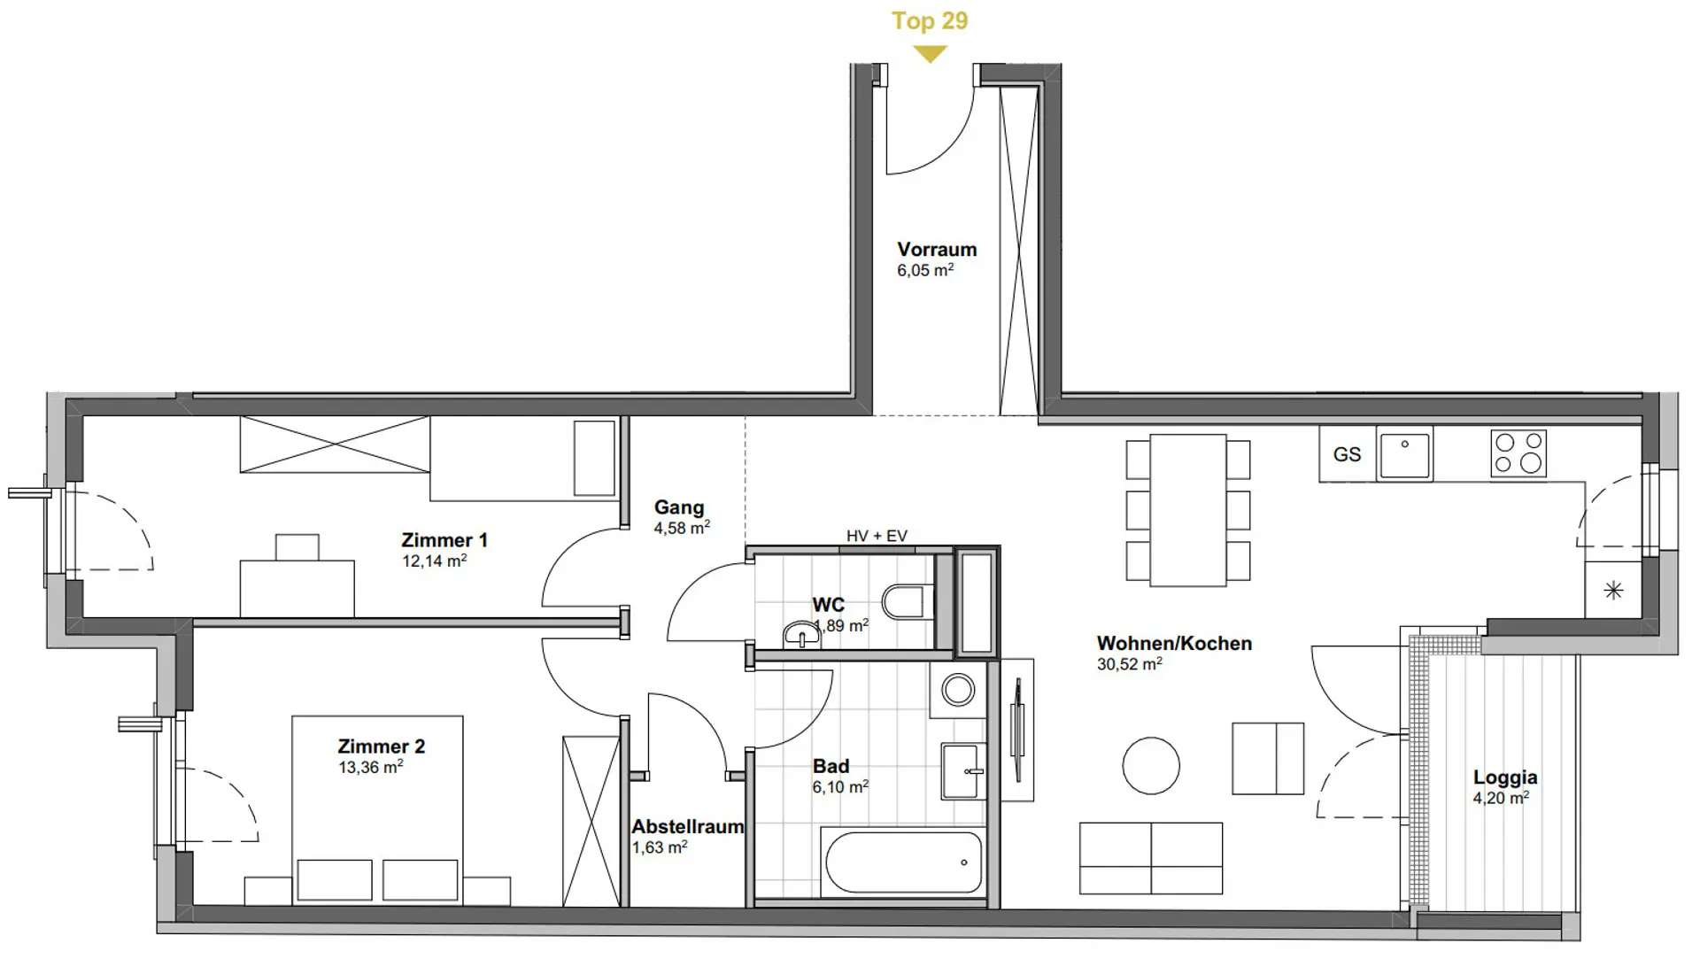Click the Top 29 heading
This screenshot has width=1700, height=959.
click(x=930, y=20)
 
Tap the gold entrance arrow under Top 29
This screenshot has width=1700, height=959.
click(x=930, y=54)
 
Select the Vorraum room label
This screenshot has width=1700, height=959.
click(x=937, y=250)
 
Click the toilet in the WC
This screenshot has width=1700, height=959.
click(x=908, y=602)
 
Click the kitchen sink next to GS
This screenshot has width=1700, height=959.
click(x=1404, y=454)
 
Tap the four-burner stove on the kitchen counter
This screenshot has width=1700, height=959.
click(x=1518, y=453)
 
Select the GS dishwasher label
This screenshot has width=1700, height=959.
click(x=1347, y=454)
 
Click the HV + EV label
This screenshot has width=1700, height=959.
click(x=877, y=536)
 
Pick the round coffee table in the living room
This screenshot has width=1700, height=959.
click(x=1151, y=766)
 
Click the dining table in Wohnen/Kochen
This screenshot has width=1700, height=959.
click(x=1188, y=510)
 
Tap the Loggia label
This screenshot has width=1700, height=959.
click(x=1505, y=777)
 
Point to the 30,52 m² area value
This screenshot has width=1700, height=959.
click(x=1130, y=664)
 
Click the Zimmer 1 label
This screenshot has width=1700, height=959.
click(x=444, y=540)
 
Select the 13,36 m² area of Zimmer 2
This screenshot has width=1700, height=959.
click(x=371, y=768)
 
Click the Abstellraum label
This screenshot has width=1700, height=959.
click(x=688, y=827)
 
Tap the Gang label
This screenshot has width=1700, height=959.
click(x=679, y=507)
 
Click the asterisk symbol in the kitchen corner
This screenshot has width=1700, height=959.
click(x=1613, y=590)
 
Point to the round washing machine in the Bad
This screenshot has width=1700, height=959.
click(x=958, y=690)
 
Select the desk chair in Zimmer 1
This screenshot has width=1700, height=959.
click(x=297, y=547)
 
